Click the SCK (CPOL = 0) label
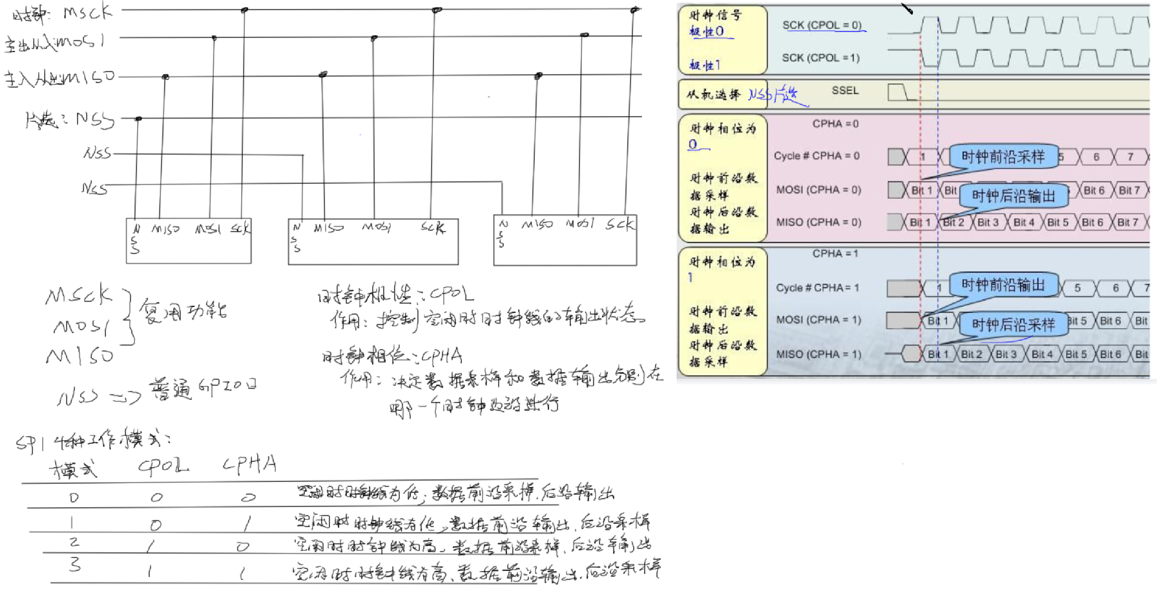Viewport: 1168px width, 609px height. coord(822,25)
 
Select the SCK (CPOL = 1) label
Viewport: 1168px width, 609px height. coord(821,58)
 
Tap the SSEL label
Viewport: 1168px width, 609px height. coord(845,90)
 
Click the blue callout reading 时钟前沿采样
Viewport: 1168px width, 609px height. coord(1003,157)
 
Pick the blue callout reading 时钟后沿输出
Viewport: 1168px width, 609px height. coord(1013,196)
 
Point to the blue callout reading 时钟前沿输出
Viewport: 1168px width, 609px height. coord(1003,285)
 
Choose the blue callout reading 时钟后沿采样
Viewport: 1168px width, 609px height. coord(1013,325)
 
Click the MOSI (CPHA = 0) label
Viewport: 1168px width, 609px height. coord(819,190)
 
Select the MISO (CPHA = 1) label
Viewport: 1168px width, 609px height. coord(819,354)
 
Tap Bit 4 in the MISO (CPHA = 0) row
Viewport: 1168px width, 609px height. coord(1023,222)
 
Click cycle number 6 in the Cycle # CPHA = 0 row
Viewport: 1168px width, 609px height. coord(1096,157)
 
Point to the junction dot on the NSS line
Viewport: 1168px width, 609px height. coord(138,119)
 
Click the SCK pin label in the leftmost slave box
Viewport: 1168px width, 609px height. coord(240,227)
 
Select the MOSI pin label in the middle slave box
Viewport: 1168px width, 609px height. coord(376,227)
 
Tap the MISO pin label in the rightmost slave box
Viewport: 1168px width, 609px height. coord(537,224)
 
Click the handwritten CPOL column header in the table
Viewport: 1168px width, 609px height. coord(163,465)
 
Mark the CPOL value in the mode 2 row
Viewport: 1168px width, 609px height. coord(151,546)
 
